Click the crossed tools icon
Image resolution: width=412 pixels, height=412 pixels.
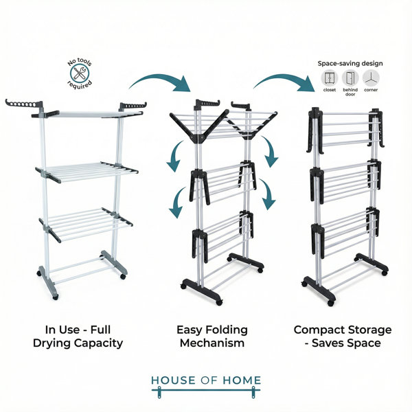coord(80,73)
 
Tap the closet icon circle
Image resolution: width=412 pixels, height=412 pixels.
coord(330,78)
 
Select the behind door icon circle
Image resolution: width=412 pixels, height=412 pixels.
coord(350,78)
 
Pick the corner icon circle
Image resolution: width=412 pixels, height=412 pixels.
coord(371,78)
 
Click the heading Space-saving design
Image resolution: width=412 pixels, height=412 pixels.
coord(350,63)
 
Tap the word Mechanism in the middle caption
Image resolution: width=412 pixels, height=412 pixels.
coord(212,343)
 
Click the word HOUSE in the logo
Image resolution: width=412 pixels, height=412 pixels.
coord(174,380)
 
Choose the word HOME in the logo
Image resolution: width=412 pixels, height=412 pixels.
coord(242,380)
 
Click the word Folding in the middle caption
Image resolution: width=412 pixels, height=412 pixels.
coord(227,330)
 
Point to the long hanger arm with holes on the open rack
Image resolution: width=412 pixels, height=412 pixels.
coord(24,104)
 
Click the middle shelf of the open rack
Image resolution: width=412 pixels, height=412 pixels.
coord(87,172)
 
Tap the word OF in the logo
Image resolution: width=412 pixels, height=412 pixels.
coord(209,380)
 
